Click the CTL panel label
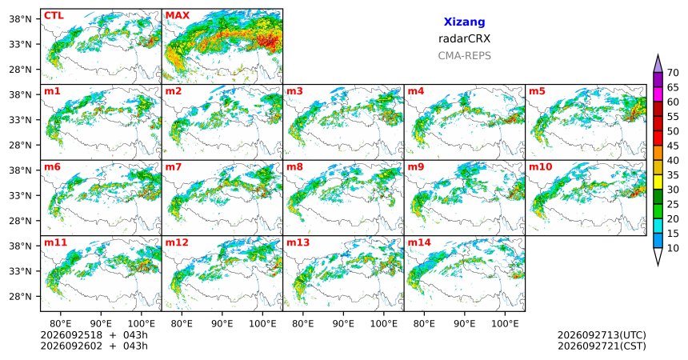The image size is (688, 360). click(x=54, y=16)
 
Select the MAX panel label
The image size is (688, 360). click(x=178, y=16)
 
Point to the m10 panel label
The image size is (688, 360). click(x=541, y=167)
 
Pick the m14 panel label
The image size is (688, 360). click(x=419, y=242)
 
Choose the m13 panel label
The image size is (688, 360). click(x=298, y=242)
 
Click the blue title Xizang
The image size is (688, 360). click(x=464, y=22)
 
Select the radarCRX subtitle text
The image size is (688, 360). click(x=464, y=38)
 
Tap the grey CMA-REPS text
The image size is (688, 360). click(x=464, y=56)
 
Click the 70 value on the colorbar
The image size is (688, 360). click(x=673, y=73)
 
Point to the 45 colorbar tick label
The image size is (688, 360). click(x=673, y=146)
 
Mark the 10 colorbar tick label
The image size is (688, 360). click(x=673, y=248)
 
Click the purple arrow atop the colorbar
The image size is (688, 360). click(x=658, y=64)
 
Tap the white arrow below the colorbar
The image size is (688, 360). click(x=658, y=257)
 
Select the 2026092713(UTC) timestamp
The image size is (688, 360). click(x=602, y=335)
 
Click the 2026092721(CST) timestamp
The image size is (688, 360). click(x=602, y=346)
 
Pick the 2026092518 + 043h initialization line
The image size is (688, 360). click(x=94, y=335)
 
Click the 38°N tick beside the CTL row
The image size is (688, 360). click(x=21, y=19)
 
